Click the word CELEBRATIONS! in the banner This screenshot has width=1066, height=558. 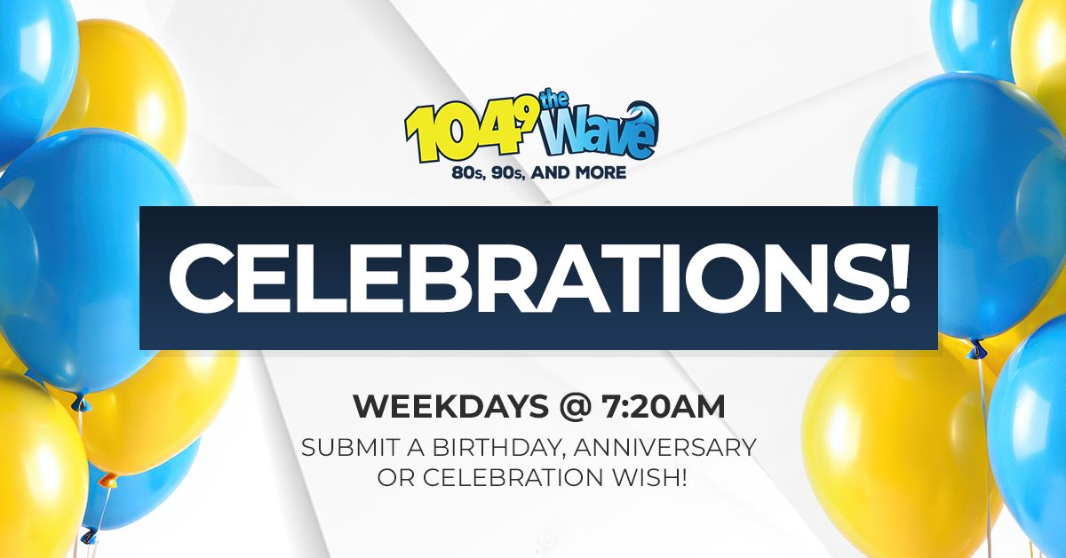tap(539, 278)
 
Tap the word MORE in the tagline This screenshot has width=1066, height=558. tap(601, 172)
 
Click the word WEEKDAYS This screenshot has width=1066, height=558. tap(450, 407)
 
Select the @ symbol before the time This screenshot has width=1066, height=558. tap(575, 408)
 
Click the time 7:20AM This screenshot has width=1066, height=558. tap(664, 407)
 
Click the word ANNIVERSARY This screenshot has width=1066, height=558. tap(665, 448)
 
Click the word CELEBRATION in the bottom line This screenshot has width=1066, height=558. tap(513, 477)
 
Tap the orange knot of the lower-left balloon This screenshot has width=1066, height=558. tap(108, 480)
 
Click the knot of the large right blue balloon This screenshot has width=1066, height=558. tap(976, 350)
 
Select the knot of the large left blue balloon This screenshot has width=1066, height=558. tap(82, 403)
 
